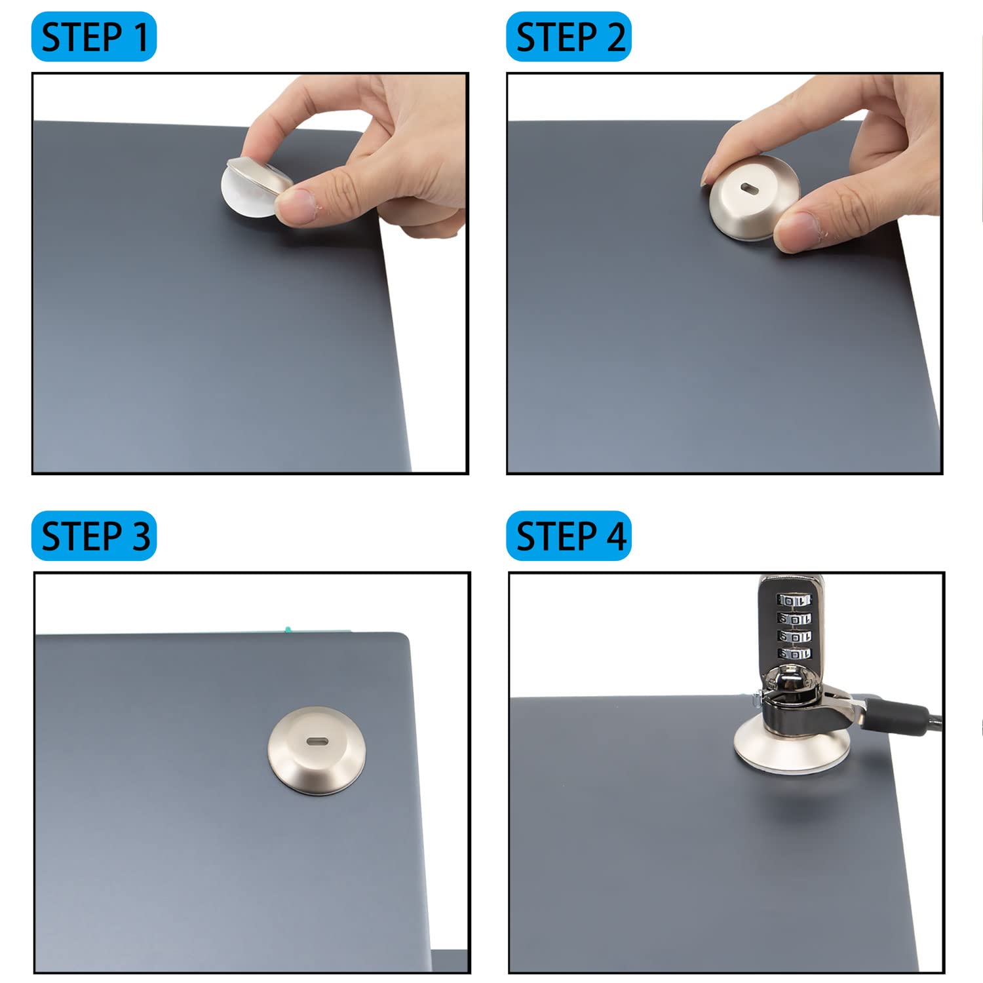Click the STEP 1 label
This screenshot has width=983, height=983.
(x=94, y=37)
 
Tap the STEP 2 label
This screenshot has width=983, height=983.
(x=569, y=37)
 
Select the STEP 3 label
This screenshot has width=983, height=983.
(x=94, y=536)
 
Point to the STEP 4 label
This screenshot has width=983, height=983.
(x=569, y=536)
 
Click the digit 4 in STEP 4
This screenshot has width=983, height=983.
(x=615, y=536)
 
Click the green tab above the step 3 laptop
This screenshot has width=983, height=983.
(x=287, y=629)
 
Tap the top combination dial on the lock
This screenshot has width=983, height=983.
(x=794, y=600)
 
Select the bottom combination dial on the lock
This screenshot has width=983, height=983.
(x=794, y=653)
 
